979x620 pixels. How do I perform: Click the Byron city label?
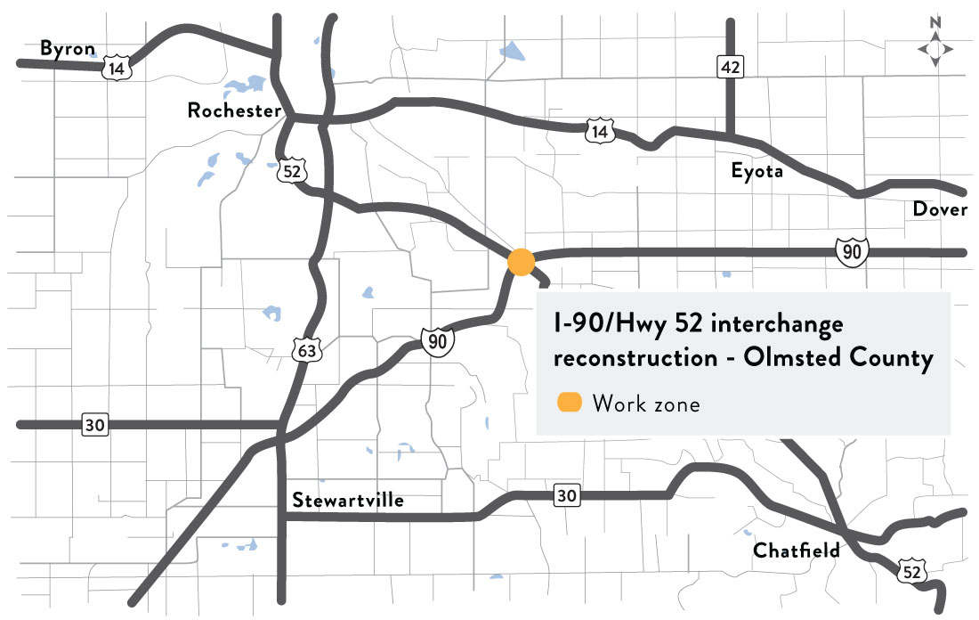[x=67, y=48]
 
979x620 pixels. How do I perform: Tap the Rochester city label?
[x=234, y=110]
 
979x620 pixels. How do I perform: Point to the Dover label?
[x=940, y=209]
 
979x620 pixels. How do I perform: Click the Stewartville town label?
[x=348, y=501]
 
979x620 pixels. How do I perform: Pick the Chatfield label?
[x=797, y=551]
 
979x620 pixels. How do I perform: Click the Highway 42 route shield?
[x=731, y=66]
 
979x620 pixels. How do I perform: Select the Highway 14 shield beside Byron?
[x=114, y=69]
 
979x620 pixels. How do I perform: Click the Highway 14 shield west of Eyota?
[x=599, y=133]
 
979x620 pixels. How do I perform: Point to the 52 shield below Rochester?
[x=290, y=170]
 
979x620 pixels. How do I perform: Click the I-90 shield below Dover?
[x=852, y=252]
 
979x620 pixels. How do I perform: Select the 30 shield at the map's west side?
[x=95, y=424]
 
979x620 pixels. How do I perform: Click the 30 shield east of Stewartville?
[x=567, y=495]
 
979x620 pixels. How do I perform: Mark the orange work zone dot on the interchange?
[x=521, y=262]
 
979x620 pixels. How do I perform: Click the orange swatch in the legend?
[x=569, y=403]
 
